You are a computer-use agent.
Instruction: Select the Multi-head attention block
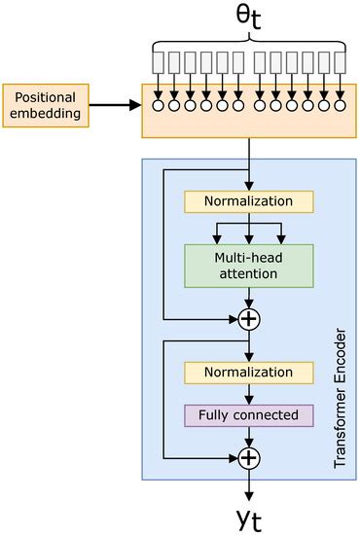point(249,266)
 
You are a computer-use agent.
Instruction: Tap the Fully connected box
point(249,416)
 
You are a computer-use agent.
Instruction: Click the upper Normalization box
point(249,201)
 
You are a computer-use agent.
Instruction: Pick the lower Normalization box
point(249,373)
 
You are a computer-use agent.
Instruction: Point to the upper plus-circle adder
point(250,318)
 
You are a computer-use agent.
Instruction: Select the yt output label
point(250,513)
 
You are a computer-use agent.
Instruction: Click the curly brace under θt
point(249,41)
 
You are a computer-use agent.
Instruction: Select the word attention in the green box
point(249,274)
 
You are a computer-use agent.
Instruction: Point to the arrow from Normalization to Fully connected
point(250,394)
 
